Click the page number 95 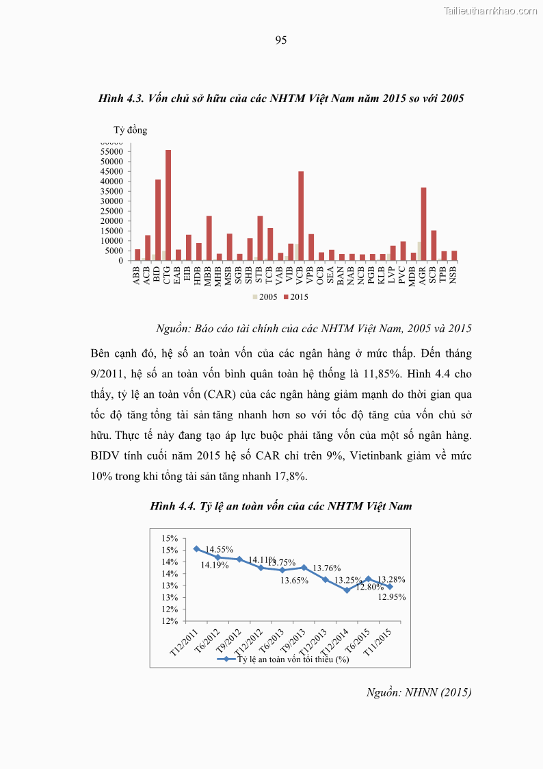pos(280,40)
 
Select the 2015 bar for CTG pos(168,205)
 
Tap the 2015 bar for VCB pos(301,216)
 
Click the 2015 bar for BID pos(158,220)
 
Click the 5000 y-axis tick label pos(116,251)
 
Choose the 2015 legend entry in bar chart pos(296,297)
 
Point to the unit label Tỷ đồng pos(130,130)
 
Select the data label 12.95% pos(391,596)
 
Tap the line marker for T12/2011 pos(196,549)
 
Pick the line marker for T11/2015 pos(390,587)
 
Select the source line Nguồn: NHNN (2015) pos(419,692)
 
